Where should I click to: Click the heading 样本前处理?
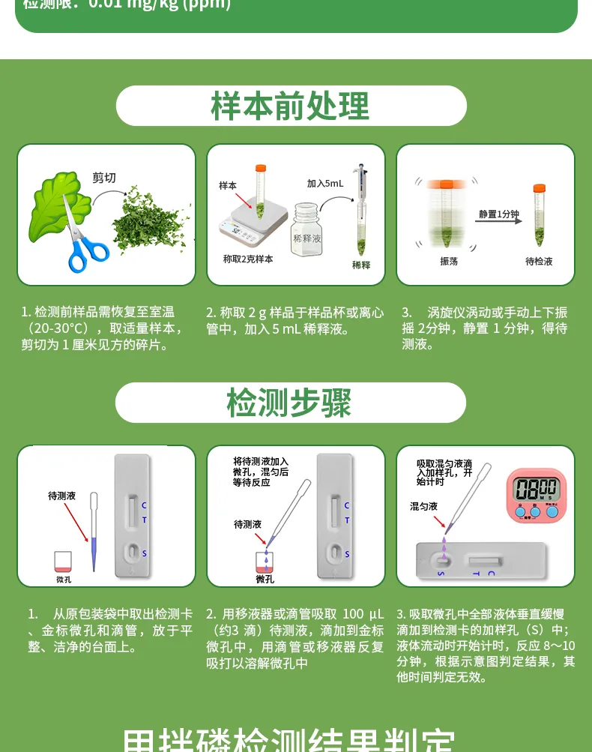tap(290, 106)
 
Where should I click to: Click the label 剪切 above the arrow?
tap(104, 178)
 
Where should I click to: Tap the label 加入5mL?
tap(325, 184)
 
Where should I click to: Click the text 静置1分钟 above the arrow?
tap(500, 214)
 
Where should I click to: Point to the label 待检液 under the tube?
tap(539, 262)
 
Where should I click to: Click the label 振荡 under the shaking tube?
tap(449, 262)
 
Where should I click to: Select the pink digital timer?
tap(537, 494)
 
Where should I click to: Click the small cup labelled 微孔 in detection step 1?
tap(64, 564)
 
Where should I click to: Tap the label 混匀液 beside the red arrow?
tap(423, 506)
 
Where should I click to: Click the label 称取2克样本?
tap(248, 259)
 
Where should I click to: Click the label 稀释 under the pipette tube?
tap(361, 265)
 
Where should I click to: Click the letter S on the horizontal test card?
tap(441, 574)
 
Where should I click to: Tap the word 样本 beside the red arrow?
tap(228, 184)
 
